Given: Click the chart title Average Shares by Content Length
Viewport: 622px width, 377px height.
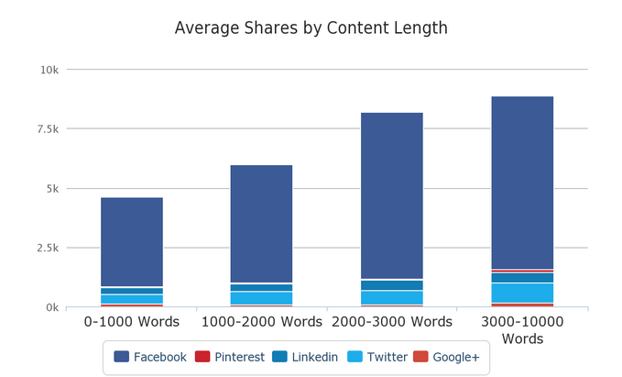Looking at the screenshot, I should click(x=311, y=28).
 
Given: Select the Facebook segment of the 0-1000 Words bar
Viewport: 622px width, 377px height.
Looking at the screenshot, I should click(x=132, y=241).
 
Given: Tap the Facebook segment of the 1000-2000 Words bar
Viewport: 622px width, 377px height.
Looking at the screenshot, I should click(x=261, y=223).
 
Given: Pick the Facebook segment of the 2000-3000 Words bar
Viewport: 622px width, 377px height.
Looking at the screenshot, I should click(x=391, y=194).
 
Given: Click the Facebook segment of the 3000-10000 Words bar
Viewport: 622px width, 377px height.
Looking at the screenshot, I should click(x=522, y=182).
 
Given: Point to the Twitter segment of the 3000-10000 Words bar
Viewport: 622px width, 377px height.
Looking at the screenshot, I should click(x=522, y=293).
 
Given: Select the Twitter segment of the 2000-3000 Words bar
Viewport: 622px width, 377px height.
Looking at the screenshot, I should click(x=391, y=297).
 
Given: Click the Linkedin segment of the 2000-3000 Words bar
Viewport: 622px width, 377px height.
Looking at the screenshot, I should click(x=391, y=285).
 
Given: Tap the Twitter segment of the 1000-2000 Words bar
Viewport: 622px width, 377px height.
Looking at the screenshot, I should click(x=261, y=298).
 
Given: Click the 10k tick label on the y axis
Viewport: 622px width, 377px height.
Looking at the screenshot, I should click(x=49, y=70).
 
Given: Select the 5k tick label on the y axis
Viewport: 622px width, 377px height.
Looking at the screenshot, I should click(x=51, y=189).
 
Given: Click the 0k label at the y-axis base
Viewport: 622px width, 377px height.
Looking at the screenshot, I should click(x=51, y=307).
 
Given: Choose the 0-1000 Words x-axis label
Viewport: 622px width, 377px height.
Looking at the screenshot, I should click(x=132, y=322).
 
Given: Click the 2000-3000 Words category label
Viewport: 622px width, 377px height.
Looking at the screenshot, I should click(x=391, y=322).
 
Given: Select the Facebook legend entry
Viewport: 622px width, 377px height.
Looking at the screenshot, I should click(x=149, y=357).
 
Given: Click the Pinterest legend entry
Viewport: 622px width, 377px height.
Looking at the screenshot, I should click(x=229, y=357).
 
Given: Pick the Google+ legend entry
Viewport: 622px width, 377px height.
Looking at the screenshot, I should click(x=446, y=357).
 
